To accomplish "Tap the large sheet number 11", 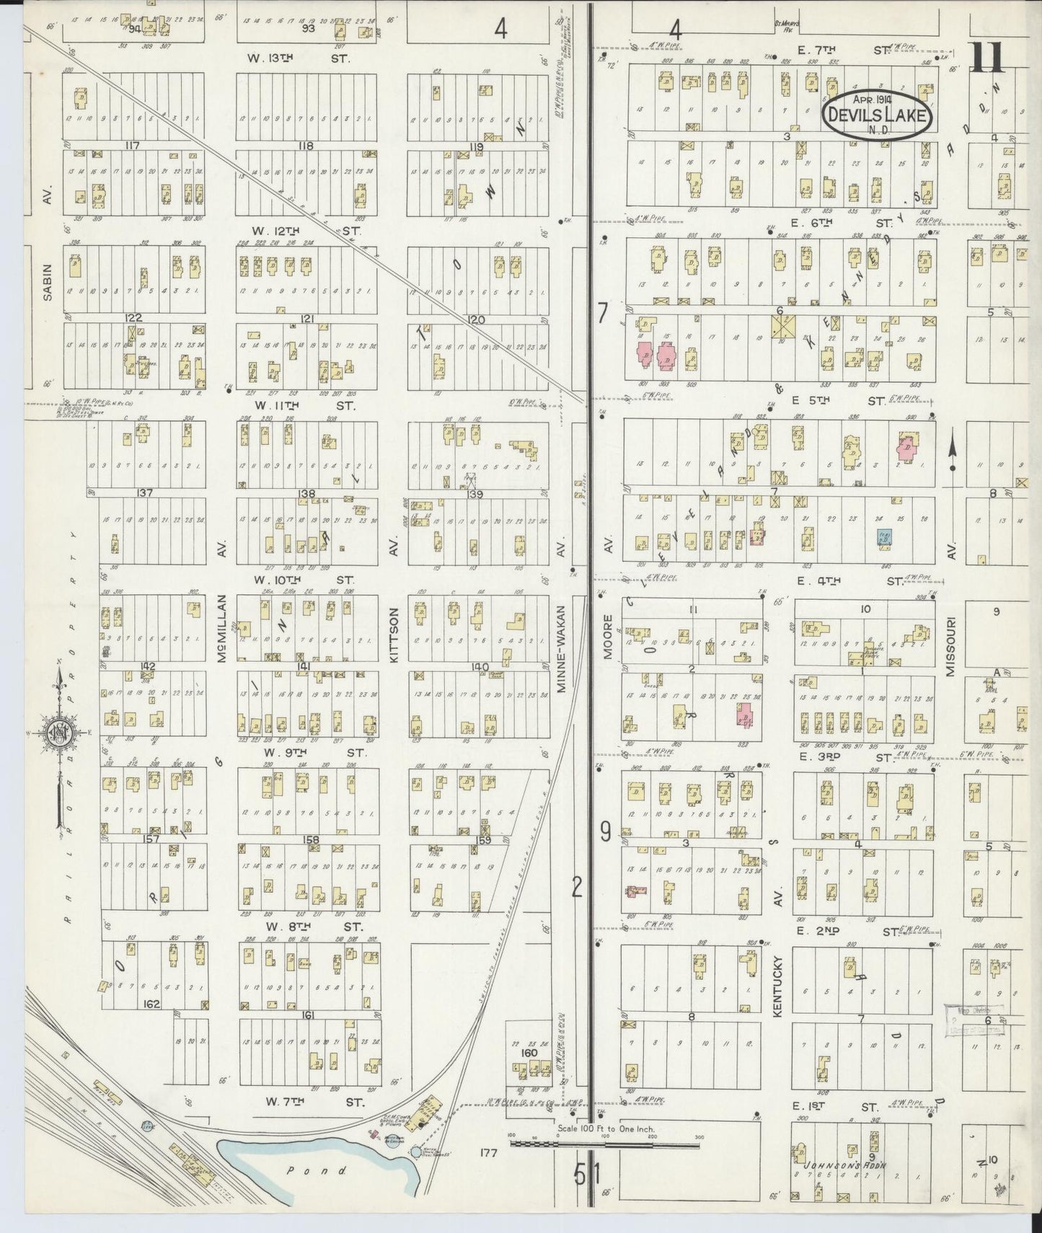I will click(x=988, y=58).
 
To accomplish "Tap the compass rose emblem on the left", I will click(x=58, y=733).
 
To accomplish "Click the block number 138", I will click(x=306, y=493).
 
